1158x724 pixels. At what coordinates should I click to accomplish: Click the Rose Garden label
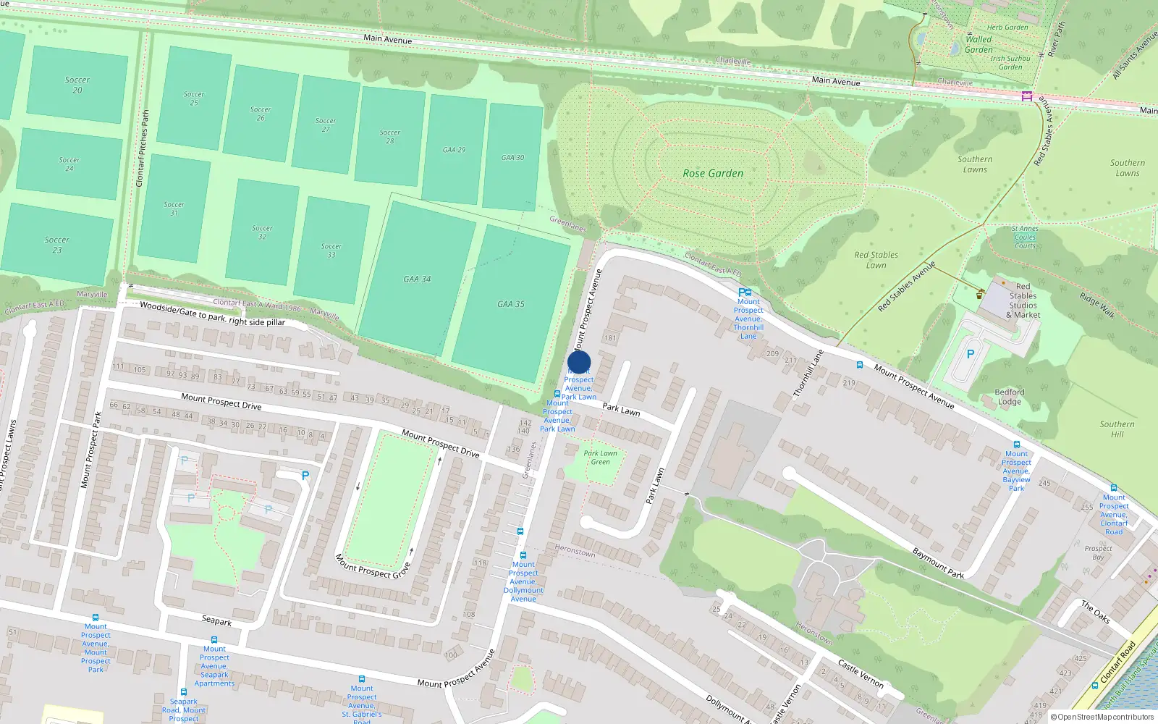click(x=713, y=174)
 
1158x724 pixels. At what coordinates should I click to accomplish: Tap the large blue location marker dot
click(x=579, y=363)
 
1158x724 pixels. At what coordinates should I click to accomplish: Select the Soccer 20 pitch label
click(x=77, y=85)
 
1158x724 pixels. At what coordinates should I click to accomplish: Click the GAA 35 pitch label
click(x=511, y=304)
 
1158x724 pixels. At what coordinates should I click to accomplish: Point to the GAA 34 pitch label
click(x=417, y=279)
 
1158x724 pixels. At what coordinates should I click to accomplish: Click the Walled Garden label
click(x=979, y=45)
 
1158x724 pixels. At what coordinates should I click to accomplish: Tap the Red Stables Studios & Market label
click(x=1023, y=300)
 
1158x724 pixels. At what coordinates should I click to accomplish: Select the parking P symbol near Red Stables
click(x=971, y=354)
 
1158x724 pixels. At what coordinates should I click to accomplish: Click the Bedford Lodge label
click(x=1010, y=397)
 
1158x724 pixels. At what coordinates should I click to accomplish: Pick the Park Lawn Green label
click(x=601, y=458)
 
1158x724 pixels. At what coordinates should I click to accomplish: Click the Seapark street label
click(x=216, y=621)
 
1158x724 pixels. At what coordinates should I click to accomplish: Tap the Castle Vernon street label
click(x=861, y=673)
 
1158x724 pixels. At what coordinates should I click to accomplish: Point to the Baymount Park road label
click(x=938, y=563)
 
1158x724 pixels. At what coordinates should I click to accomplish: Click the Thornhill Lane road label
click(x=808, y=374)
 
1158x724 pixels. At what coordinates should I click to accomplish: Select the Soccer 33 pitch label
click(x=331, y=251)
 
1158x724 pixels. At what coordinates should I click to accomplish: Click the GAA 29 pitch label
click(x=455, y=150)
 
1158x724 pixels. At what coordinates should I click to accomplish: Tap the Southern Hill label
click(x=1117, y=429)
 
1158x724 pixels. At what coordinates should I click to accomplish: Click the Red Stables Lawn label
click(x=876, y=260)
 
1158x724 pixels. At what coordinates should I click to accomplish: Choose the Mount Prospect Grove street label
click(x=373, y=565)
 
